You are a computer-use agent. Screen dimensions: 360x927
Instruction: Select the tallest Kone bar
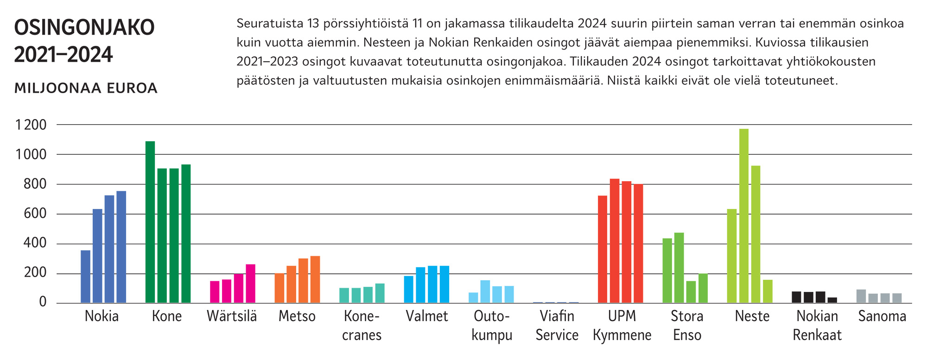tap(150, 222)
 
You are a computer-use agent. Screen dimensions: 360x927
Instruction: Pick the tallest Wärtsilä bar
tap(250, 284)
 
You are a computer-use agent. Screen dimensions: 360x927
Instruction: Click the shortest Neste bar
tap(768, 291)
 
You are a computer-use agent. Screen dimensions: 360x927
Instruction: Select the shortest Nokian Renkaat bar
tap(832, 300)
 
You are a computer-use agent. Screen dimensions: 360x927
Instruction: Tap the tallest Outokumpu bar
tap(485, 291)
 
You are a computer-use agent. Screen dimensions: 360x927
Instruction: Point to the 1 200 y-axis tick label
tap(31, 125)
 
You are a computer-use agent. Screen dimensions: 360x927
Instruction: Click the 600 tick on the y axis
tap(35, 214)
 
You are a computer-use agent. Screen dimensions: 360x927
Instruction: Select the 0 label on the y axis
tap(43, 302)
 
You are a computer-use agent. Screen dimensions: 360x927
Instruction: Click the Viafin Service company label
tap(557, 325)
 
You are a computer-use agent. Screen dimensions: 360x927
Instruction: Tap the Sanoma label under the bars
tap(882, 316)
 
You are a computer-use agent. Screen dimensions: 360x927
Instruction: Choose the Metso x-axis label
tap(297, 316)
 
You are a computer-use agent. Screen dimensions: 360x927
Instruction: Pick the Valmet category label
tap(426, 316)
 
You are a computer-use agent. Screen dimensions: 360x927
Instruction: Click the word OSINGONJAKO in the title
tap(84, 27)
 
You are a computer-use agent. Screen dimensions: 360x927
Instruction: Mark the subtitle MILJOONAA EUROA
tap(86, 88)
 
